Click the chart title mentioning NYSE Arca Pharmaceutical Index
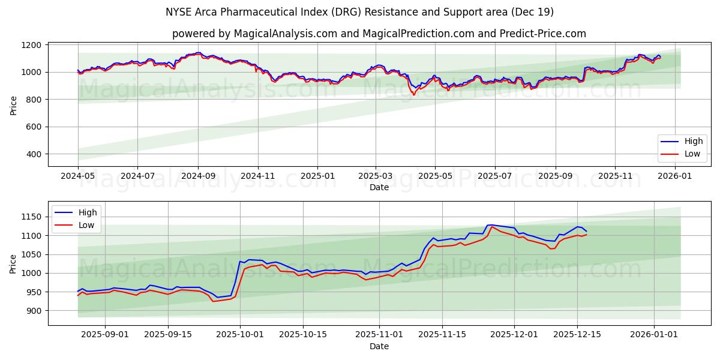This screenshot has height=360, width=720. pyautogui.click(x=359, y=12)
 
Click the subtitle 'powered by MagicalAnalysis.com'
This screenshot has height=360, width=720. pyautogui.click(x=379, y=34)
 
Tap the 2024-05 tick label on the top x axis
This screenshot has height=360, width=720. pyautogui.click(x=78, y=176)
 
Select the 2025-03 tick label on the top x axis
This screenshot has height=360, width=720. pyautogui.click(x=376, y=176)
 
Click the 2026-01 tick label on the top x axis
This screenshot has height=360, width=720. pyautogui.click(x=675, y=176)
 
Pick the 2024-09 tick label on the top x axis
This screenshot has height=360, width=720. pyautogui.click(x=198, y=176)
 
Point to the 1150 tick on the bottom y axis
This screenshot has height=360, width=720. pyautogui.click(x=31, y=217)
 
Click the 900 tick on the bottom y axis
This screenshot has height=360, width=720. pyautogui.click(x=34, y=311)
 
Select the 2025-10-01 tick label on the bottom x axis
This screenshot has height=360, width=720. pyautogui.click(x=240, y=334)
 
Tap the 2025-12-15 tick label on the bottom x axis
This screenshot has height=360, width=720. pyautogui.click(x=577, y=334)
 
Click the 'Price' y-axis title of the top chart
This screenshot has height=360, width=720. pyautogui.click(x=14, y=105)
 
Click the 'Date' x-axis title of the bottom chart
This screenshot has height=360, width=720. pyautogui.click(x=379, y=346)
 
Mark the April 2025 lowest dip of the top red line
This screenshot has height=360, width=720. pyautogui.click(x=413, y=95)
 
